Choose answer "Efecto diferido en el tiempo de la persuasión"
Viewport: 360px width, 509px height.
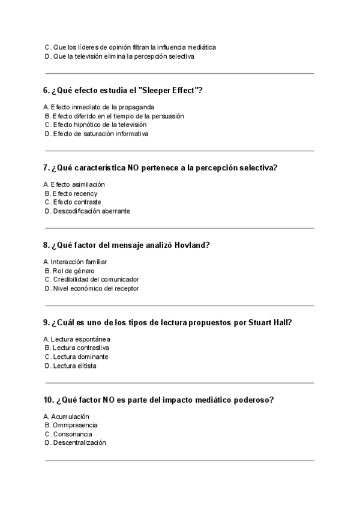pos(118,116)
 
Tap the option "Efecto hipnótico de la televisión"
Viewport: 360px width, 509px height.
pos(99,125)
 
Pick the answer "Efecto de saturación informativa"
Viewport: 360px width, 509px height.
pos(100,134)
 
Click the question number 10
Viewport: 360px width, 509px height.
pos(48,400)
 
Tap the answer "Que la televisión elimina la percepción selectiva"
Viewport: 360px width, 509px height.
pos(123,56)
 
